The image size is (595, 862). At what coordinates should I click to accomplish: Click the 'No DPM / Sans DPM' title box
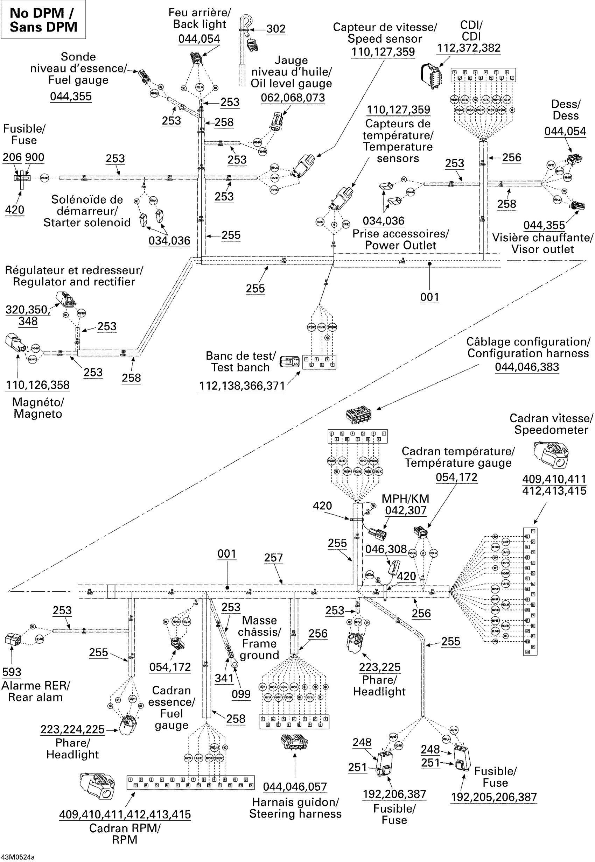43,20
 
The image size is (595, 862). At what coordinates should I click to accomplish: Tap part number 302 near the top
276,29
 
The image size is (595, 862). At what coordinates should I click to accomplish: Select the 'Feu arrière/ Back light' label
199,18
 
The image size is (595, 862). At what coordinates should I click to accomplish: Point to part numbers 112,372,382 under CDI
469,48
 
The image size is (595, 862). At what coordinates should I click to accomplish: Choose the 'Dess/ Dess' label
566,109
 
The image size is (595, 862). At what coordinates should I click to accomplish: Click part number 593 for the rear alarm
12,672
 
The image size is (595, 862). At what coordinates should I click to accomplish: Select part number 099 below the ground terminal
241,694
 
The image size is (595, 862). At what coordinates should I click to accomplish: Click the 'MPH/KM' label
405,499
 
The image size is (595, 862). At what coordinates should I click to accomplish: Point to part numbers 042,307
406,510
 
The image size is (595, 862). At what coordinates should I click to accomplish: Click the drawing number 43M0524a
18,857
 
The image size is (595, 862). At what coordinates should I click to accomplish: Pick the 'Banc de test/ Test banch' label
240,361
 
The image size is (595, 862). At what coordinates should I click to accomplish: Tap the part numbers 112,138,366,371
242,386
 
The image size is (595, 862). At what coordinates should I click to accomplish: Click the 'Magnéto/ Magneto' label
38,408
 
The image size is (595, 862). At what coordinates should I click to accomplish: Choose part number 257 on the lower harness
273,558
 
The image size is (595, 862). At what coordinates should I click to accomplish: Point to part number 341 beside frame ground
224,678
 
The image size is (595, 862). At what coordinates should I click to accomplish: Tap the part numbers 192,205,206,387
493,797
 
